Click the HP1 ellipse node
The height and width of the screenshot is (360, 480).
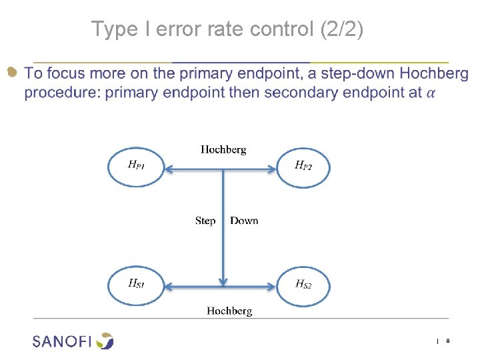pyautogui.click(x=135, y=166)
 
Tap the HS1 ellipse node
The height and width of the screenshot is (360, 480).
pyautogui.click(x=136, y=285)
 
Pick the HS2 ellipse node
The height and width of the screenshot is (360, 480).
pyautogui.click(x=303, y=285)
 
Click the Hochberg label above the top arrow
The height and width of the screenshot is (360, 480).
pyautogui.click(x=223, y=149)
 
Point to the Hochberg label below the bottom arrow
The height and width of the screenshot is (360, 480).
pyautogui.click(x=229, y=311)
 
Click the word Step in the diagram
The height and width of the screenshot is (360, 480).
pyautogui.click(x=205, y=221)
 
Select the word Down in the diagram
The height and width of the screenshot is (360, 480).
pyautogui.click(x=244, y=221)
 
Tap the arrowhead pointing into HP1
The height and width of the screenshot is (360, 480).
pyautogui.click(x=169, y=170)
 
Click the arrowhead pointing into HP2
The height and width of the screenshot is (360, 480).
pyautogui.click(x=271, y=170)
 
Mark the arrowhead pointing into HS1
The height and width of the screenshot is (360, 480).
pyautogui.click(x=169, y=287)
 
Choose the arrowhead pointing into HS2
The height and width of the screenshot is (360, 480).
pyautogui.click(x=271, y=287)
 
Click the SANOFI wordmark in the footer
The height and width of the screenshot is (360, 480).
pyautogui.click(x=62, y=341)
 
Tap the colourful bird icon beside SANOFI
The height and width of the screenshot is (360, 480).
pyautogui.click(x=105, y=341)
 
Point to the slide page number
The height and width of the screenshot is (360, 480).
pyautogui.click(x=447, y=341)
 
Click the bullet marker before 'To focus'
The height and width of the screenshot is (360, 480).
pyautogui.click(x=11, y=72)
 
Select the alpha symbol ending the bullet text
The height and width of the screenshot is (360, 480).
pyautogui.click(x=431, y=93)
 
